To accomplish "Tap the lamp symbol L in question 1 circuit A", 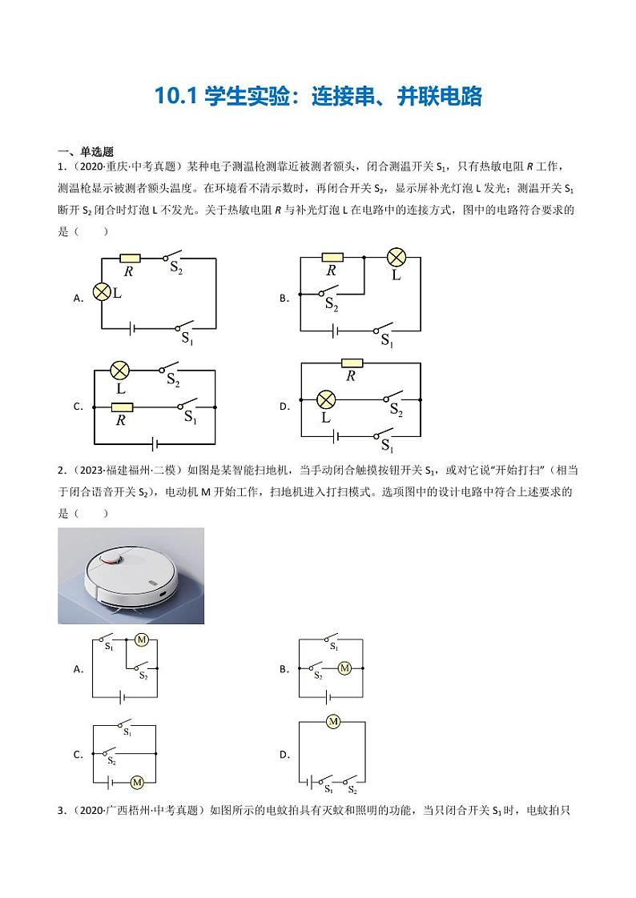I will click(102, 293).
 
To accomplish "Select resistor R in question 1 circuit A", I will click(129, 258).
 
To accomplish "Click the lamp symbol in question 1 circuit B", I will click(396, 258).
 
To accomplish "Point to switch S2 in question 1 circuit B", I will click(328, 293).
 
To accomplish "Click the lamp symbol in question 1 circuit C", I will click(120, 371).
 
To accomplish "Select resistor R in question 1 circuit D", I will click(350, 363).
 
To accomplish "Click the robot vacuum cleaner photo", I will click(131, 575).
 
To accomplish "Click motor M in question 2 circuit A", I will click(143, 639).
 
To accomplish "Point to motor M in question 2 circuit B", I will click(344, 668).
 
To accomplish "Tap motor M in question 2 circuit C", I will click(136, 782).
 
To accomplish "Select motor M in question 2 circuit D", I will click(333, 722).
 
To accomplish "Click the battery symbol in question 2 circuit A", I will click(123, 698).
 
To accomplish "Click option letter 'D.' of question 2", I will click(284, 755).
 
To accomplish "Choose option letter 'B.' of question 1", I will click(284, 298).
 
